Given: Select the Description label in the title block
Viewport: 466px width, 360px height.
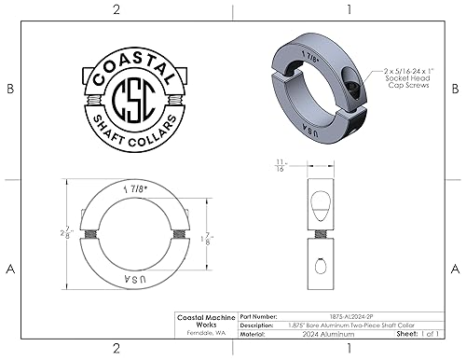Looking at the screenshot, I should tap(258, 324).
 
